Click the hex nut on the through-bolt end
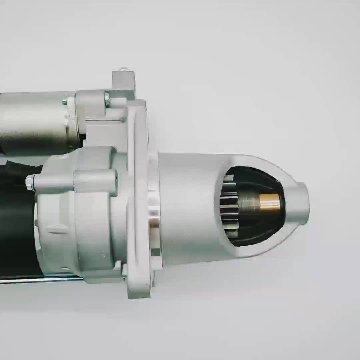click(30, 183)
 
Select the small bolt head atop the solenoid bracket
click(107, 99)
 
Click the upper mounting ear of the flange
click(123, 82)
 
